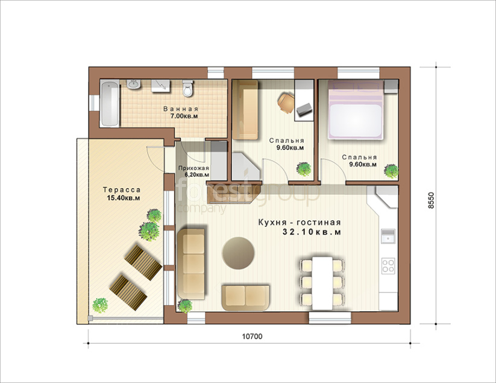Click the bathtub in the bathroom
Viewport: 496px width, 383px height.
[110, 103]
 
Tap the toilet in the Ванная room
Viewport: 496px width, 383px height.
[188, 88]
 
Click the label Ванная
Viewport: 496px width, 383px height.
[181, 109]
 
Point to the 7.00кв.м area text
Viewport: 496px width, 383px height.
[184, 116]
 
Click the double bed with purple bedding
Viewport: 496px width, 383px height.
[356, 110]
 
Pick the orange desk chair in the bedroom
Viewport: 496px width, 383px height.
[286, 102]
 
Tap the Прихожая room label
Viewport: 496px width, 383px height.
[193, 168]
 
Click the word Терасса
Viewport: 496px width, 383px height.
[122, 190]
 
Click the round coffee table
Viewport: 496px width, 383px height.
[238, 253]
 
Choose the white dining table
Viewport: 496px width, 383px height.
[322, 283]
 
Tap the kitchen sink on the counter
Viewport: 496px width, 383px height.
[388, 236]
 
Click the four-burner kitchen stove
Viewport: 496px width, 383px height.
[388, 266]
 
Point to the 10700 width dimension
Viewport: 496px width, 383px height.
[252, 337]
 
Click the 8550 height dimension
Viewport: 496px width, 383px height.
[432, 200]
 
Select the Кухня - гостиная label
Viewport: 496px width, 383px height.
[300, 222]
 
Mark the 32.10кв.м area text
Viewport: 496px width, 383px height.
[312, 232]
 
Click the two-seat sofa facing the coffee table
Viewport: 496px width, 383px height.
[245, 297]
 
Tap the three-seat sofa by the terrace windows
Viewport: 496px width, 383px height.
[192, 264]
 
